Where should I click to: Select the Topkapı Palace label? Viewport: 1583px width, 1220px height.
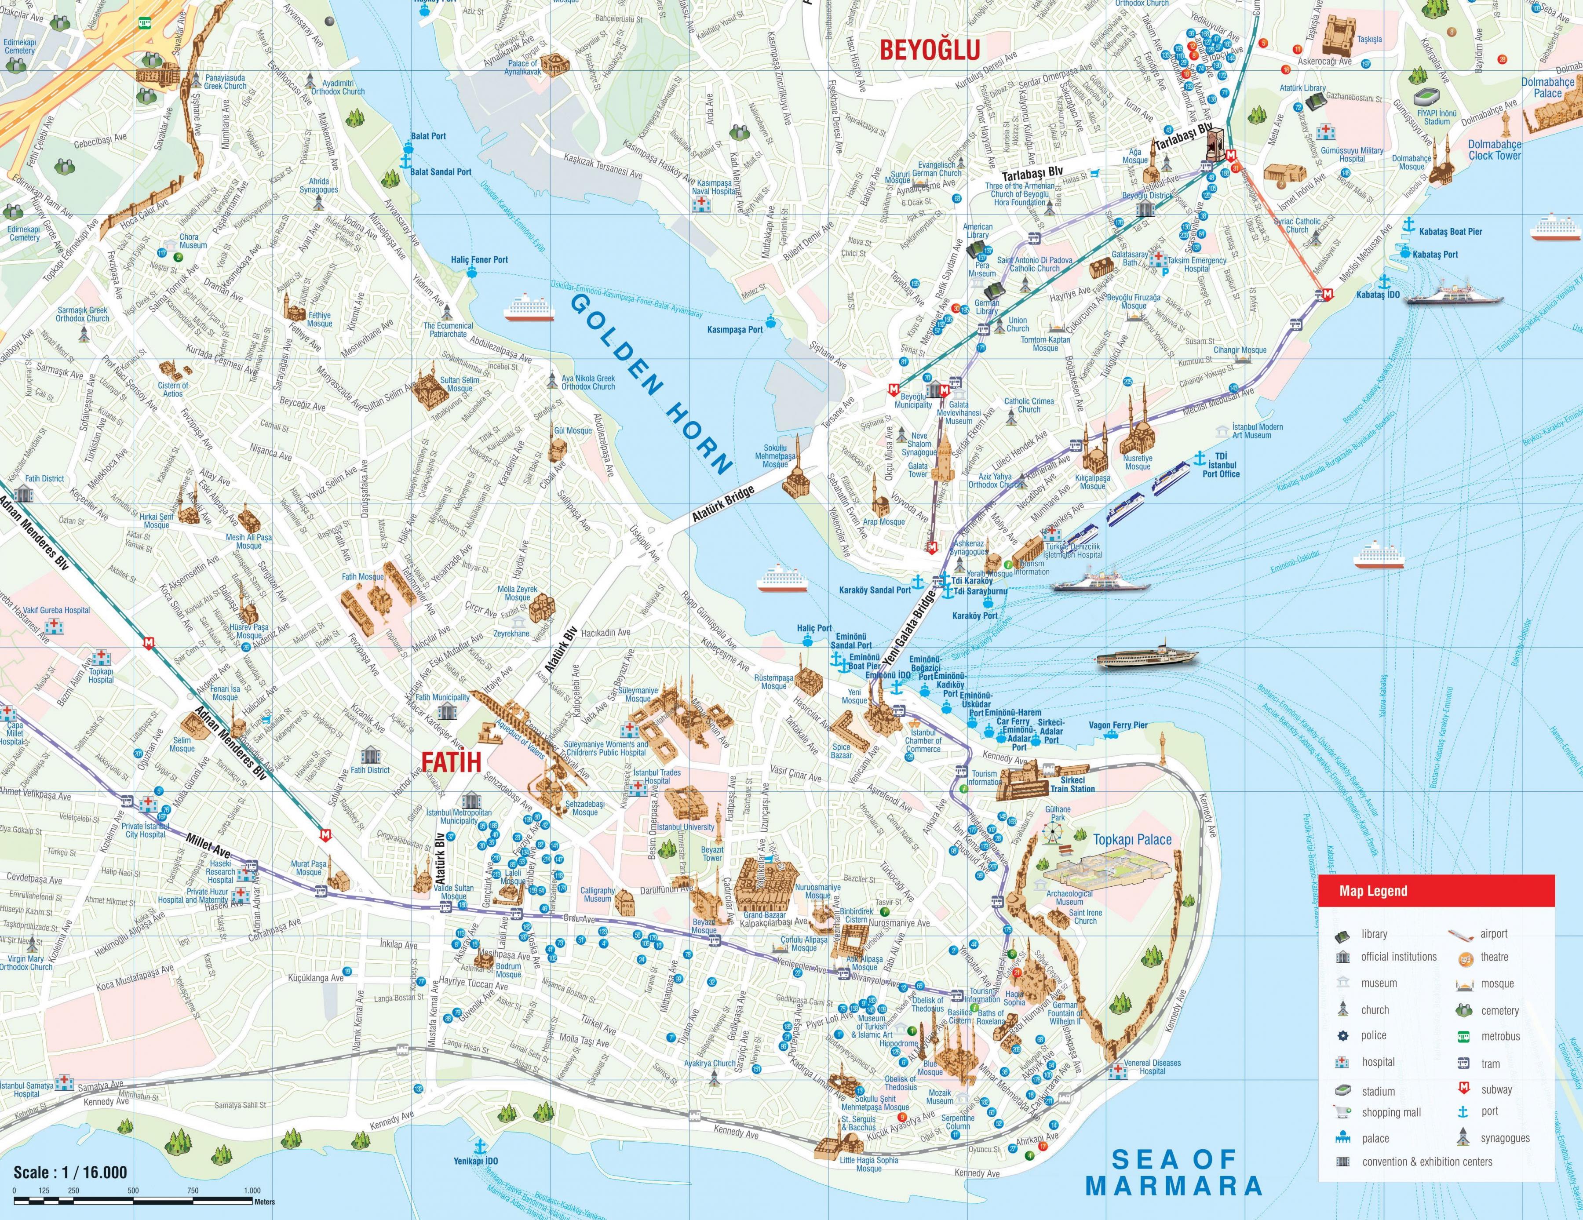click(x=1132, y=840)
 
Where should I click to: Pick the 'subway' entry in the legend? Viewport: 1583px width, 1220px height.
click(x=1496, y=1089)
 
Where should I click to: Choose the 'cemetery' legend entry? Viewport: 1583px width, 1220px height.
click(x=1499, y=1011)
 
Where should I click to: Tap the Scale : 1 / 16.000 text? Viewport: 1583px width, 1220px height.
click(x=70, y=1172)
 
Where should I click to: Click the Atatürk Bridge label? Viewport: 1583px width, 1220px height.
click(x=722, y=503)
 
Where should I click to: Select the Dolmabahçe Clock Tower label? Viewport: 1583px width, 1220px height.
click(x=1495, y=150)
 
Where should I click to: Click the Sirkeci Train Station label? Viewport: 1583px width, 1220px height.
click(x=1073, y=785)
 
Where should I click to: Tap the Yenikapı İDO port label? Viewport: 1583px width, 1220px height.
click(x=475, y=1161)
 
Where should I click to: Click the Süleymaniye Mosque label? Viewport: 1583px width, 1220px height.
click(x=638, y=695)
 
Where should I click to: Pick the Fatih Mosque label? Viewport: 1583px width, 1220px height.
click(x=362, y=577)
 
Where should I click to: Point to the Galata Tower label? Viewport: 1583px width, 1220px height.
click(x=918, y=470)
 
